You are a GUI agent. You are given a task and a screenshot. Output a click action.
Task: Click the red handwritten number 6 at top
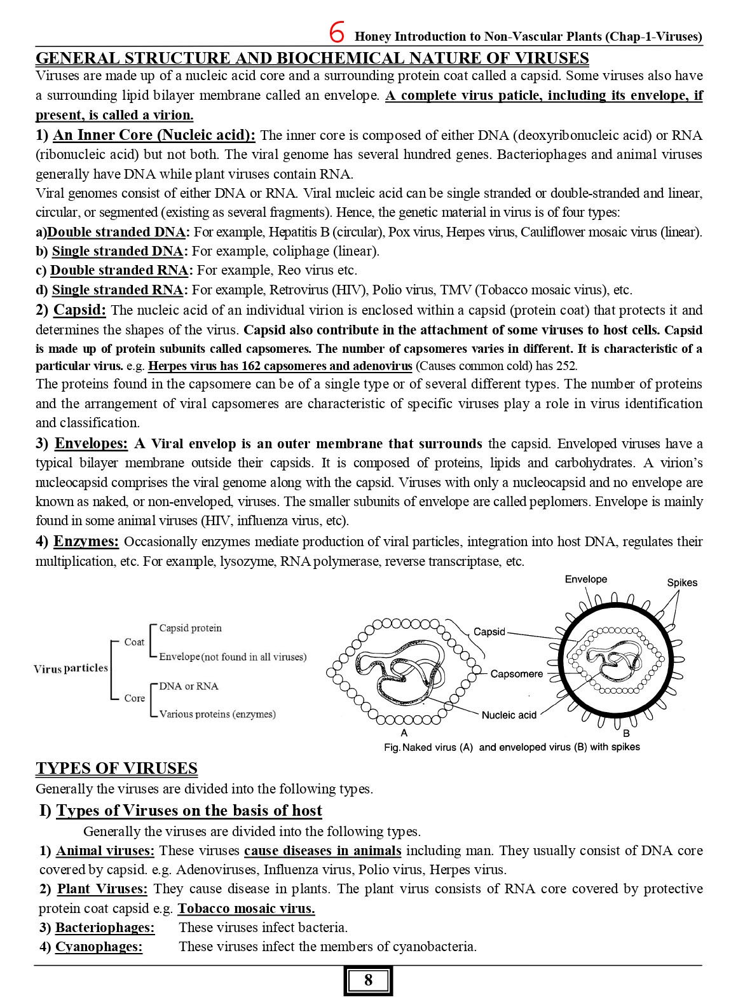tap(338, 31)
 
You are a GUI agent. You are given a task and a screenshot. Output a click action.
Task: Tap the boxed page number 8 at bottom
tap(369, 980)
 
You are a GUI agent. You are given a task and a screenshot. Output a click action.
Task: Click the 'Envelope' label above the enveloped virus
tap(585, 579)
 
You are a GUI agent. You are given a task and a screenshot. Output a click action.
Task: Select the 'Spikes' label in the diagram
tap(682, 582)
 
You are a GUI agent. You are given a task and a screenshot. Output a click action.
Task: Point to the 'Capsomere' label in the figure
tap(516, 674)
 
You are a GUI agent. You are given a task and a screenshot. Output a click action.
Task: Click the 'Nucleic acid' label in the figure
tap(509, 715)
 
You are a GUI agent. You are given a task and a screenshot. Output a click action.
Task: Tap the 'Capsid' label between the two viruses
tap(489, 631)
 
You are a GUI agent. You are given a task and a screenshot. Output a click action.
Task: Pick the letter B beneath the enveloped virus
tap(625, 733)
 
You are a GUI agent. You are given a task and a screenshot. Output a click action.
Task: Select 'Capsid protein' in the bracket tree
tap(190, 628)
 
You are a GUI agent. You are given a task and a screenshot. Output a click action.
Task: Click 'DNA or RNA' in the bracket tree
tap(188, 686)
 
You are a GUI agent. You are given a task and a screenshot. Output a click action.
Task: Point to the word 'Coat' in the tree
tap(134, 642)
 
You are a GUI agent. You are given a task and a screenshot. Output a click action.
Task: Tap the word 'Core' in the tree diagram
tap(134, 698)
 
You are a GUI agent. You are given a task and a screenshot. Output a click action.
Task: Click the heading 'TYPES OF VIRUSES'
tap(116, 768)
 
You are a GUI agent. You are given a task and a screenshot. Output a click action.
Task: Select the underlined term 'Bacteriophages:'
tap(105, 928)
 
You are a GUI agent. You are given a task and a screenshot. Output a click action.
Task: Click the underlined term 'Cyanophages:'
tap(99, 947)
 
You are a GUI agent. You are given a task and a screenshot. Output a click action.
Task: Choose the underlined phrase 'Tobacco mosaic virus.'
tap(246, 909)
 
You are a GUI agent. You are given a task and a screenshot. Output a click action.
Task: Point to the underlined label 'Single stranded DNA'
tap(118, 251)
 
